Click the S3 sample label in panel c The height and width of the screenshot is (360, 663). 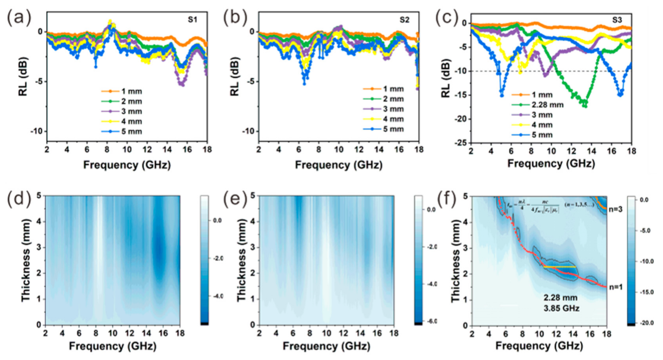coord(617,20)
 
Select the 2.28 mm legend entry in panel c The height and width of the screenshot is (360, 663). coord(547,105)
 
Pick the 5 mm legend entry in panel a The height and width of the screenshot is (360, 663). coord(131,132)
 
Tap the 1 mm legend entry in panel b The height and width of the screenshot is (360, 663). coord(393,89)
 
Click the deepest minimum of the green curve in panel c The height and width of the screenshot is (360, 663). coord(586,106)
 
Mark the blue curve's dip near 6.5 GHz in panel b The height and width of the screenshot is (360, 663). coord(304,84)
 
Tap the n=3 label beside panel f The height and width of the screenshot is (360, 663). coord(615,209)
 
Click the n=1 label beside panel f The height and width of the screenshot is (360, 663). coord(615,287)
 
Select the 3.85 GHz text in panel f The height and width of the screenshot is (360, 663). coord(561,308)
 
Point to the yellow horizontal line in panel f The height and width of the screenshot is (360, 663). coord(559,267)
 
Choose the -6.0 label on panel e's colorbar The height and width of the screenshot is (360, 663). coord(432,321)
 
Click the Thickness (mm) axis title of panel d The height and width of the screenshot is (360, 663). coord(26,260)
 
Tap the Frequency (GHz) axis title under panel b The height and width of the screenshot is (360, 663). coord(339,165)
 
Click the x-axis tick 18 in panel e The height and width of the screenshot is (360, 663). coord(394,333)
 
